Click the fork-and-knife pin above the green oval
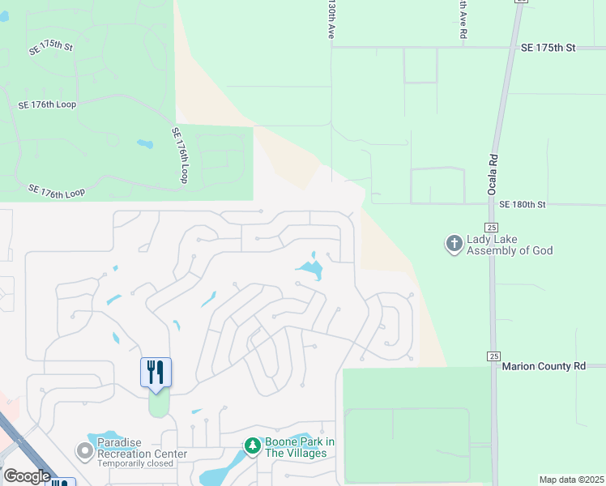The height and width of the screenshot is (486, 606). coord(156,373)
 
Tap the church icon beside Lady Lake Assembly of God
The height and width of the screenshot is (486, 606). coord(454,243)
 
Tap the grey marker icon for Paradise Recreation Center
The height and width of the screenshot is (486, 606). coord(84,450)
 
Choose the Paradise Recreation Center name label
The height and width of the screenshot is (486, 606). coord(142,448)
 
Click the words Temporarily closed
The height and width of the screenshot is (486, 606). coord(137,465)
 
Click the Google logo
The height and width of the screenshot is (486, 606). coord(27,476)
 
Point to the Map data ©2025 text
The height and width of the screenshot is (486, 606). coord(570,480)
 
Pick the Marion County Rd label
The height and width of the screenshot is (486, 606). coord(543,366)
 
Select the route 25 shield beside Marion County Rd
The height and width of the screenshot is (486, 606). coord(493,356)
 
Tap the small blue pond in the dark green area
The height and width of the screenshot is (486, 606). coord(145,144)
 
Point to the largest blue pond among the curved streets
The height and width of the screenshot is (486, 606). coord(309,268)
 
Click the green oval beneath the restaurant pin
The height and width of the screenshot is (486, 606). coord(159,403)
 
